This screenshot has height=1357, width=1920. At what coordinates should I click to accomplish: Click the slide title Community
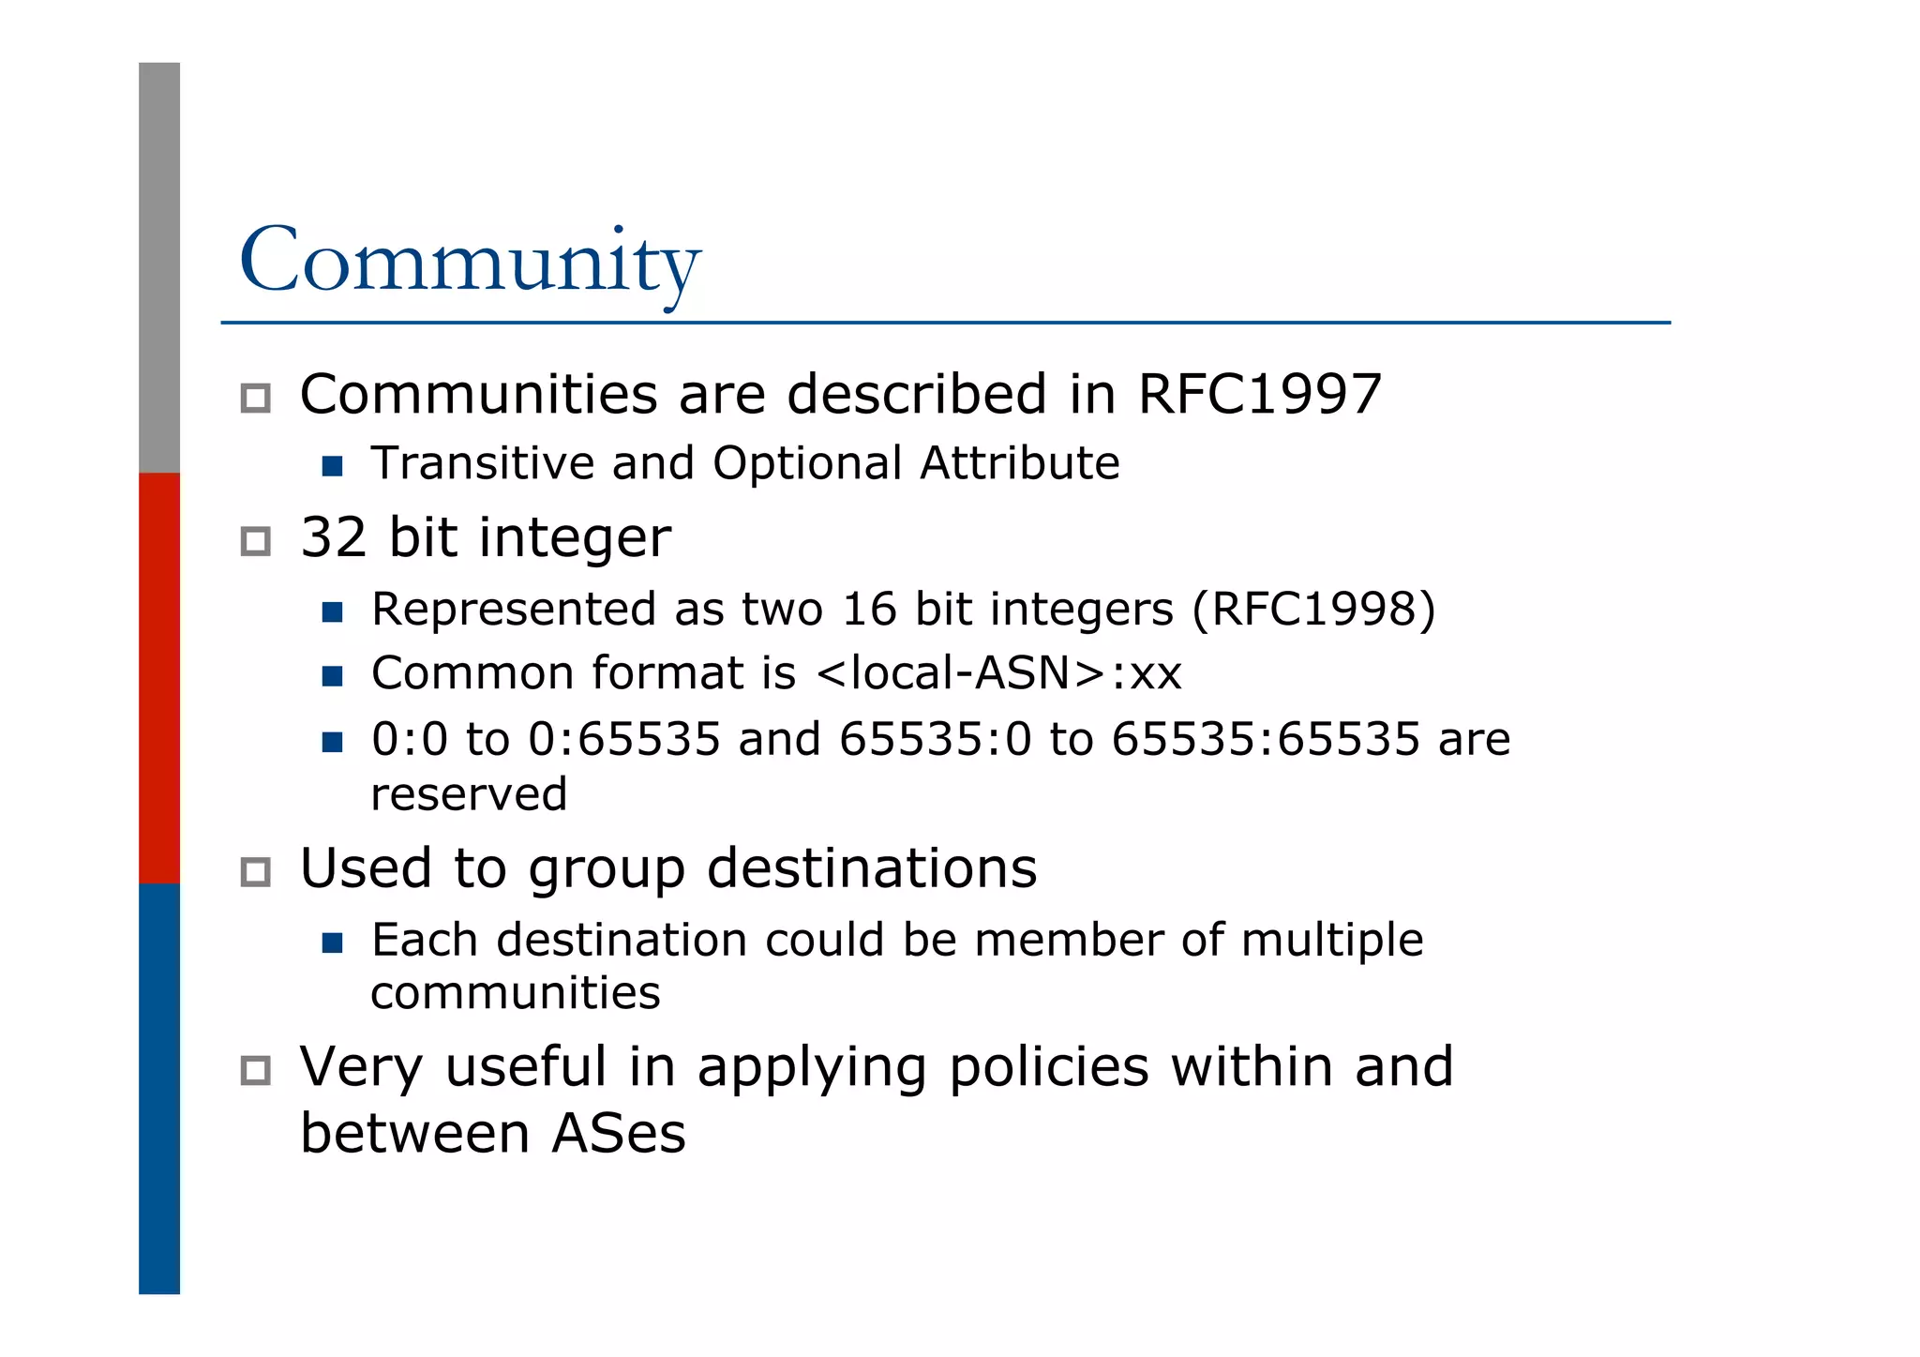tap(470, 261)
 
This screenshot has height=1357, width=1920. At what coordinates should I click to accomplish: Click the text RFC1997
tap(1259, 394)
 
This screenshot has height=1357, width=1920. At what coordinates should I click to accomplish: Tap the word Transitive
tap(481, 463)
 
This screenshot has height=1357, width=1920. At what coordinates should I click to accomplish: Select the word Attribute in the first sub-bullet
tap(1019, 463)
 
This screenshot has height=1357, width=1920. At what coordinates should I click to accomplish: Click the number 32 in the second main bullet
tap(333, 537)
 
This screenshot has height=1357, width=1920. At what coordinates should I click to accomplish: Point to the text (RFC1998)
tap(1313, 610)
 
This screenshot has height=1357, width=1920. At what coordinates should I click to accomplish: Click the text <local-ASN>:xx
tap(998, 673)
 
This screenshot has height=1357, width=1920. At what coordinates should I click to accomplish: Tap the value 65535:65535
tap(1265, 739)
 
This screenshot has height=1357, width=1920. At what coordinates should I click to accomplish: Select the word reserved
tap(469, 795)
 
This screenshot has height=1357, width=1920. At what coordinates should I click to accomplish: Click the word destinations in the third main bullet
tap(872, 868)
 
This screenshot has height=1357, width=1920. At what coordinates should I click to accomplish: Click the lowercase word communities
tap(516, 993)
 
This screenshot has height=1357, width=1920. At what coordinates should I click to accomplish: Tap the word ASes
tap(619, 1134)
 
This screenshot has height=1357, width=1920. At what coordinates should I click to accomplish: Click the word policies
tap(1048, 1067)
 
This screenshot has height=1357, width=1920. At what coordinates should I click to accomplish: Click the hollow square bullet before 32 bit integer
tap(255, 541)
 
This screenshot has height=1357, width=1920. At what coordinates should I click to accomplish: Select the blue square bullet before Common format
tap(332, 675)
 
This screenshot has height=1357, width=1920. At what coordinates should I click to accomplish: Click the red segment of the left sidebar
tap(159, 677)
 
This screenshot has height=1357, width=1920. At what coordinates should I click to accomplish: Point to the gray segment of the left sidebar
tap(159, 267)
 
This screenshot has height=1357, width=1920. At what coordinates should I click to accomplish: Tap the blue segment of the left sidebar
tap(159, 1088)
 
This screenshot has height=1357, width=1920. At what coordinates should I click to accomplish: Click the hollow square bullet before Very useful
tap(255, 1070)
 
